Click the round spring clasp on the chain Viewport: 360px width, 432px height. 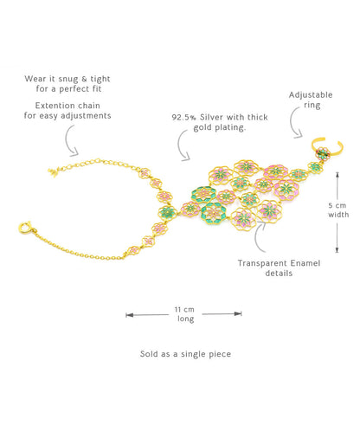[x=25, y=228]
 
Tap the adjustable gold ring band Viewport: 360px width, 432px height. [x=340, y=148]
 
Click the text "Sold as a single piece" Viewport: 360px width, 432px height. [x=185, y=354]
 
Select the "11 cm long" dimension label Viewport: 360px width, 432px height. [x=184, y=314]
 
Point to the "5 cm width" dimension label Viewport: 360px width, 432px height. [x=338, y=210]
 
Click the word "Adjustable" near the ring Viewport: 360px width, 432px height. [x=311, y=95]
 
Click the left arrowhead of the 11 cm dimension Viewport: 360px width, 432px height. [x=129, y=315]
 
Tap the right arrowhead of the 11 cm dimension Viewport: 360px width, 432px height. [x=238, y=313]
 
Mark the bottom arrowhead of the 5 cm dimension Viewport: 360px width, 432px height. [x=337, y=250]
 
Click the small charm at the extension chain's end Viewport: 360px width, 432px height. [x=52, y=172]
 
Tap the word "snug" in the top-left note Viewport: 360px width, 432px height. [x=68, y=79]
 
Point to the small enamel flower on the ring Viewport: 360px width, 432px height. [x=324, y=152]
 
